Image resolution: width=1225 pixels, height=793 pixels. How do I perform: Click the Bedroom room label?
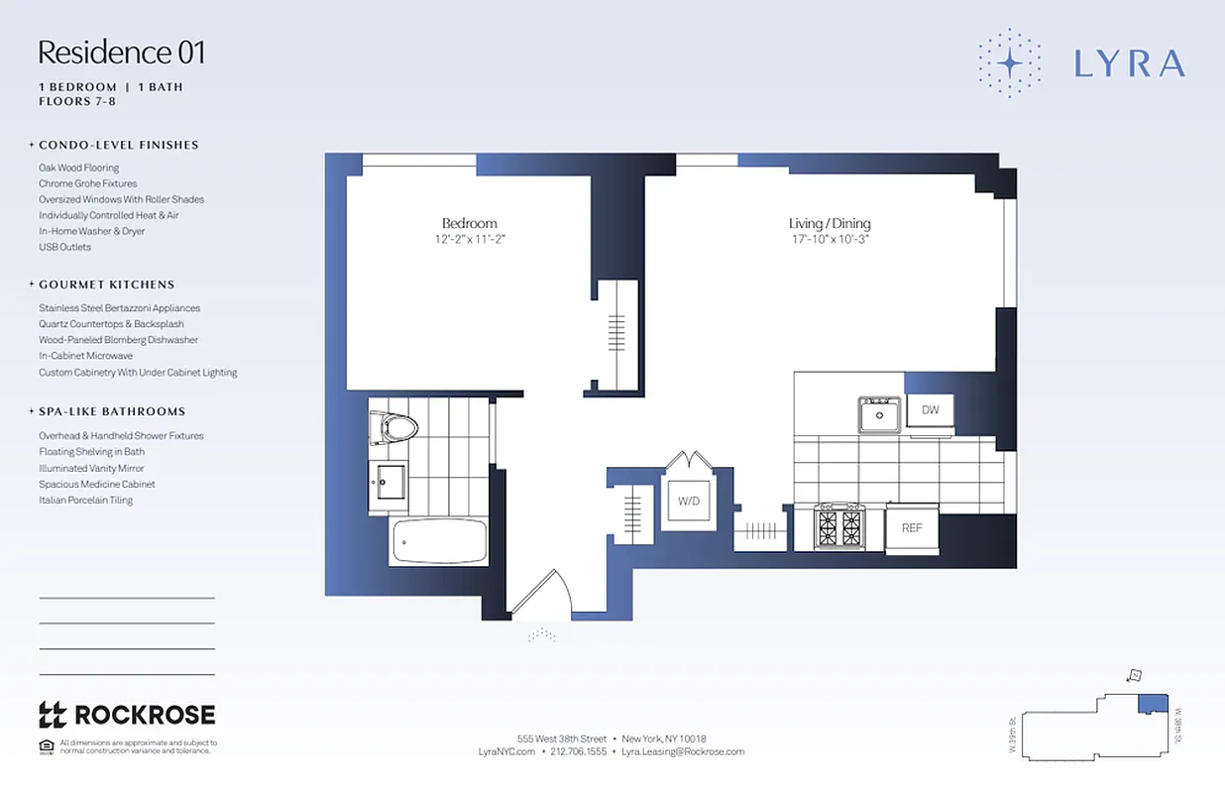469,223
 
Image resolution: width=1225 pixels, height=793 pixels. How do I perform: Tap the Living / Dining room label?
830,223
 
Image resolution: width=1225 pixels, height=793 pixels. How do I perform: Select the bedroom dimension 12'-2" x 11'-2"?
469,240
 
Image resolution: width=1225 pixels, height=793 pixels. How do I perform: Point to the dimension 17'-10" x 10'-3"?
830,240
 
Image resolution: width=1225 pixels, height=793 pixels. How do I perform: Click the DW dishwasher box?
930,410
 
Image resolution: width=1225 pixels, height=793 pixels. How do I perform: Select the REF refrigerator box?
912,527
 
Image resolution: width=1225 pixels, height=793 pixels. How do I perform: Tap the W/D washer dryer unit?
689,502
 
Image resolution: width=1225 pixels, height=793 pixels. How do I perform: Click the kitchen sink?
879,414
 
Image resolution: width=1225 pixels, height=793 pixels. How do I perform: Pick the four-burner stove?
839,526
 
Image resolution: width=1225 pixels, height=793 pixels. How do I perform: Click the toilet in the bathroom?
394,428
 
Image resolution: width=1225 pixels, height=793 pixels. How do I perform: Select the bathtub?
439,541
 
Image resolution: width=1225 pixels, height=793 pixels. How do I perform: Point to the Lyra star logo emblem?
1009,62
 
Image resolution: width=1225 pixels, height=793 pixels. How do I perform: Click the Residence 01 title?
122,52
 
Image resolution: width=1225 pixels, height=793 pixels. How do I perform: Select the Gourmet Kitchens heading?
106,284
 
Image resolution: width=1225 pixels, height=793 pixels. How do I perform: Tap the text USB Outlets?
64,247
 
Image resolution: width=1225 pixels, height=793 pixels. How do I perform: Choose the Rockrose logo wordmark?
127,714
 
